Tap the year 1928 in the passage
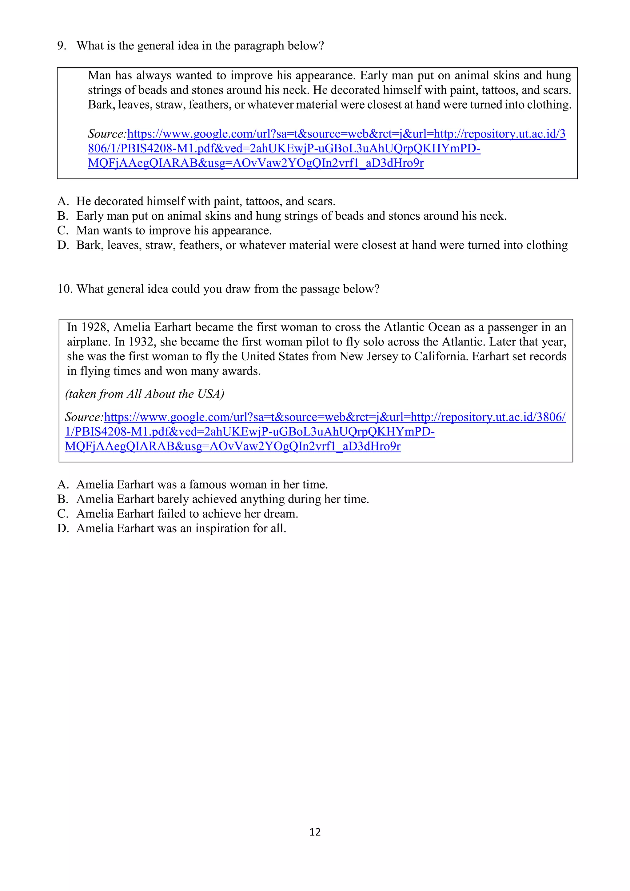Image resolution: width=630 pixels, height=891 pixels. [94, 327]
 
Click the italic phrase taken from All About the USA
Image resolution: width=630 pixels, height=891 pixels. [145, 394]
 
